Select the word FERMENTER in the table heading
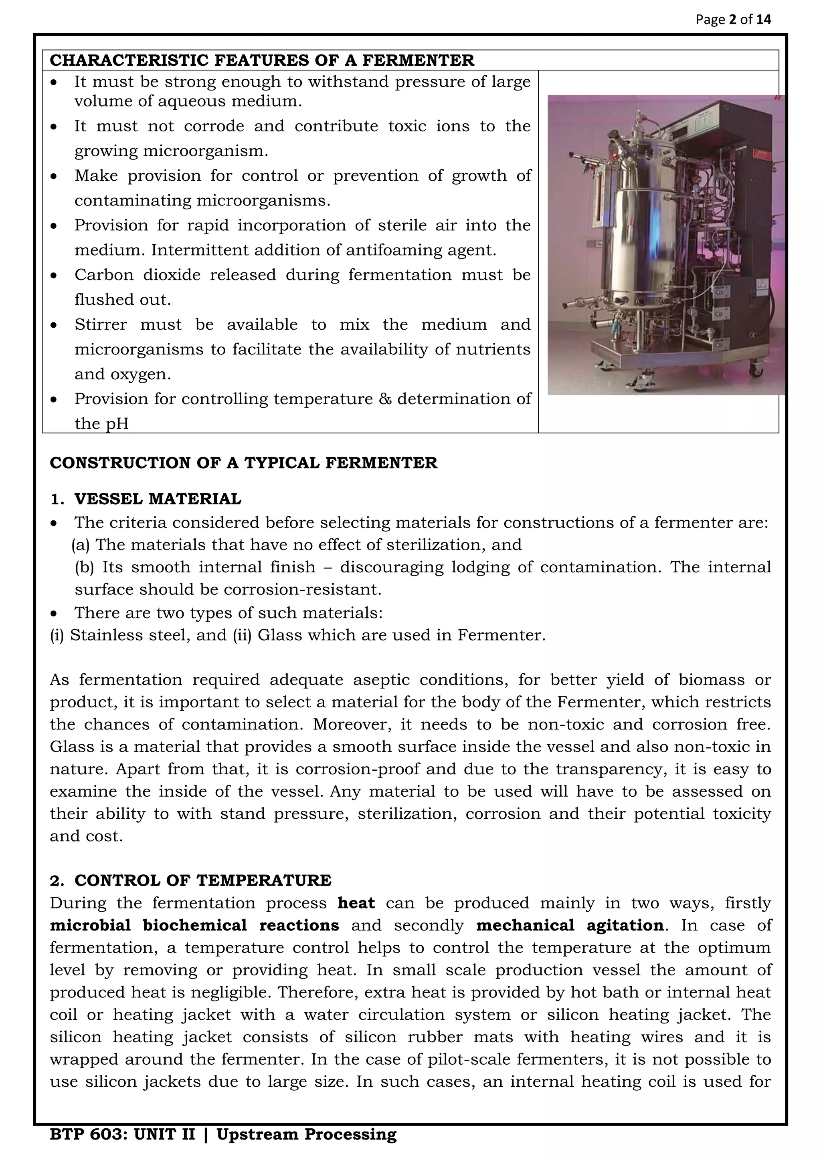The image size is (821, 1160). pos(418,60)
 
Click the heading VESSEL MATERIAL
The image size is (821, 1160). pos(157,499)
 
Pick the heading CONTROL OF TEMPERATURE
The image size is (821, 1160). pos(202,880)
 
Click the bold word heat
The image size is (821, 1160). pos(356,903)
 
